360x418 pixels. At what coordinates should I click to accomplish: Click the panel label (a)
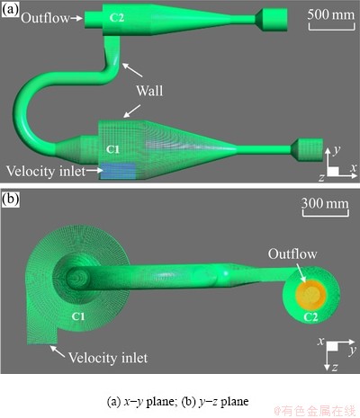(x=10, y=10)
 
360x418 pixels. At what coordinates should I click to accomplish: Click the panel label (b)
(x=10, y=199)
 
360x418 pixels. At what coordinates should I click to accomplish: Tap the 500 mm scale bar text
(x=331, y=14)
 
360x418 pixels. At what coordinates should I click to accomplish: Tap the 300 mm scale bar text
(x=325, y=203)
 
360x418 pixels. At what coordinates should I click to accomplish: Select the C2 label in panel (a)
(x=117, y=18)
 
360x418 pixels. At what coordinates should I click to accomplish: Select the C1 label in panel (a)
(x=112, y=149)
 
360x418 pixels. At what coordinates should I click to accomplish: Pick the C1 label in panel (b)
(x=78, y=316)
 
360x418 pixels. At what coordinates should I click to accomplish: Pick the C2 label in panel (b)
(x=310, y=316)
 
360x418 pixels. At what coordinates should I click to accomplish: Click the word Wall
(x=149, y=91)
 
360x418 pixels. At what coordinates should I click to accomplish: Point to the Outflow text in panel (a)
(x=45, y=18)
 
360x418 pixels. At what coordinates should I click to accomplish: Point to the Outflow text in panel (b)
(x=292, y=253)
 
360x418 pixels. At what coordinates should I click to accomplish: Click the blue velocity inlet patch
(x=118, y=171)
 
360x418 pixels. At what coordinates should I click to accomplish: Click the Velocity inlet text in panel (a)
(x=46, y=172)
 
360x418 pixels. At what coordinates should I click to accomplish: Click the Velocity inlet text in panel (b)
(x=108, y=358)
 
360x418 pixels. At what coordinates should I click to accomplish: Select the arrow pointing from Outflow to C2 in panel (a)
(x=76, y=18)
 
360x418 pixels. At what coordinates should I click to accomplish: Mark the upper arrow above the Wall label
(x=132, y=69)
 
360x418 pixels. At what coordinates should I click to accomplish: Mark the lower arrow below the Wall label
(x=132, y=111)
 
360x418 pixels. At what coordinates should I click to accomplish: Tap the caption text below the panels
(x=177, y=401)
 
